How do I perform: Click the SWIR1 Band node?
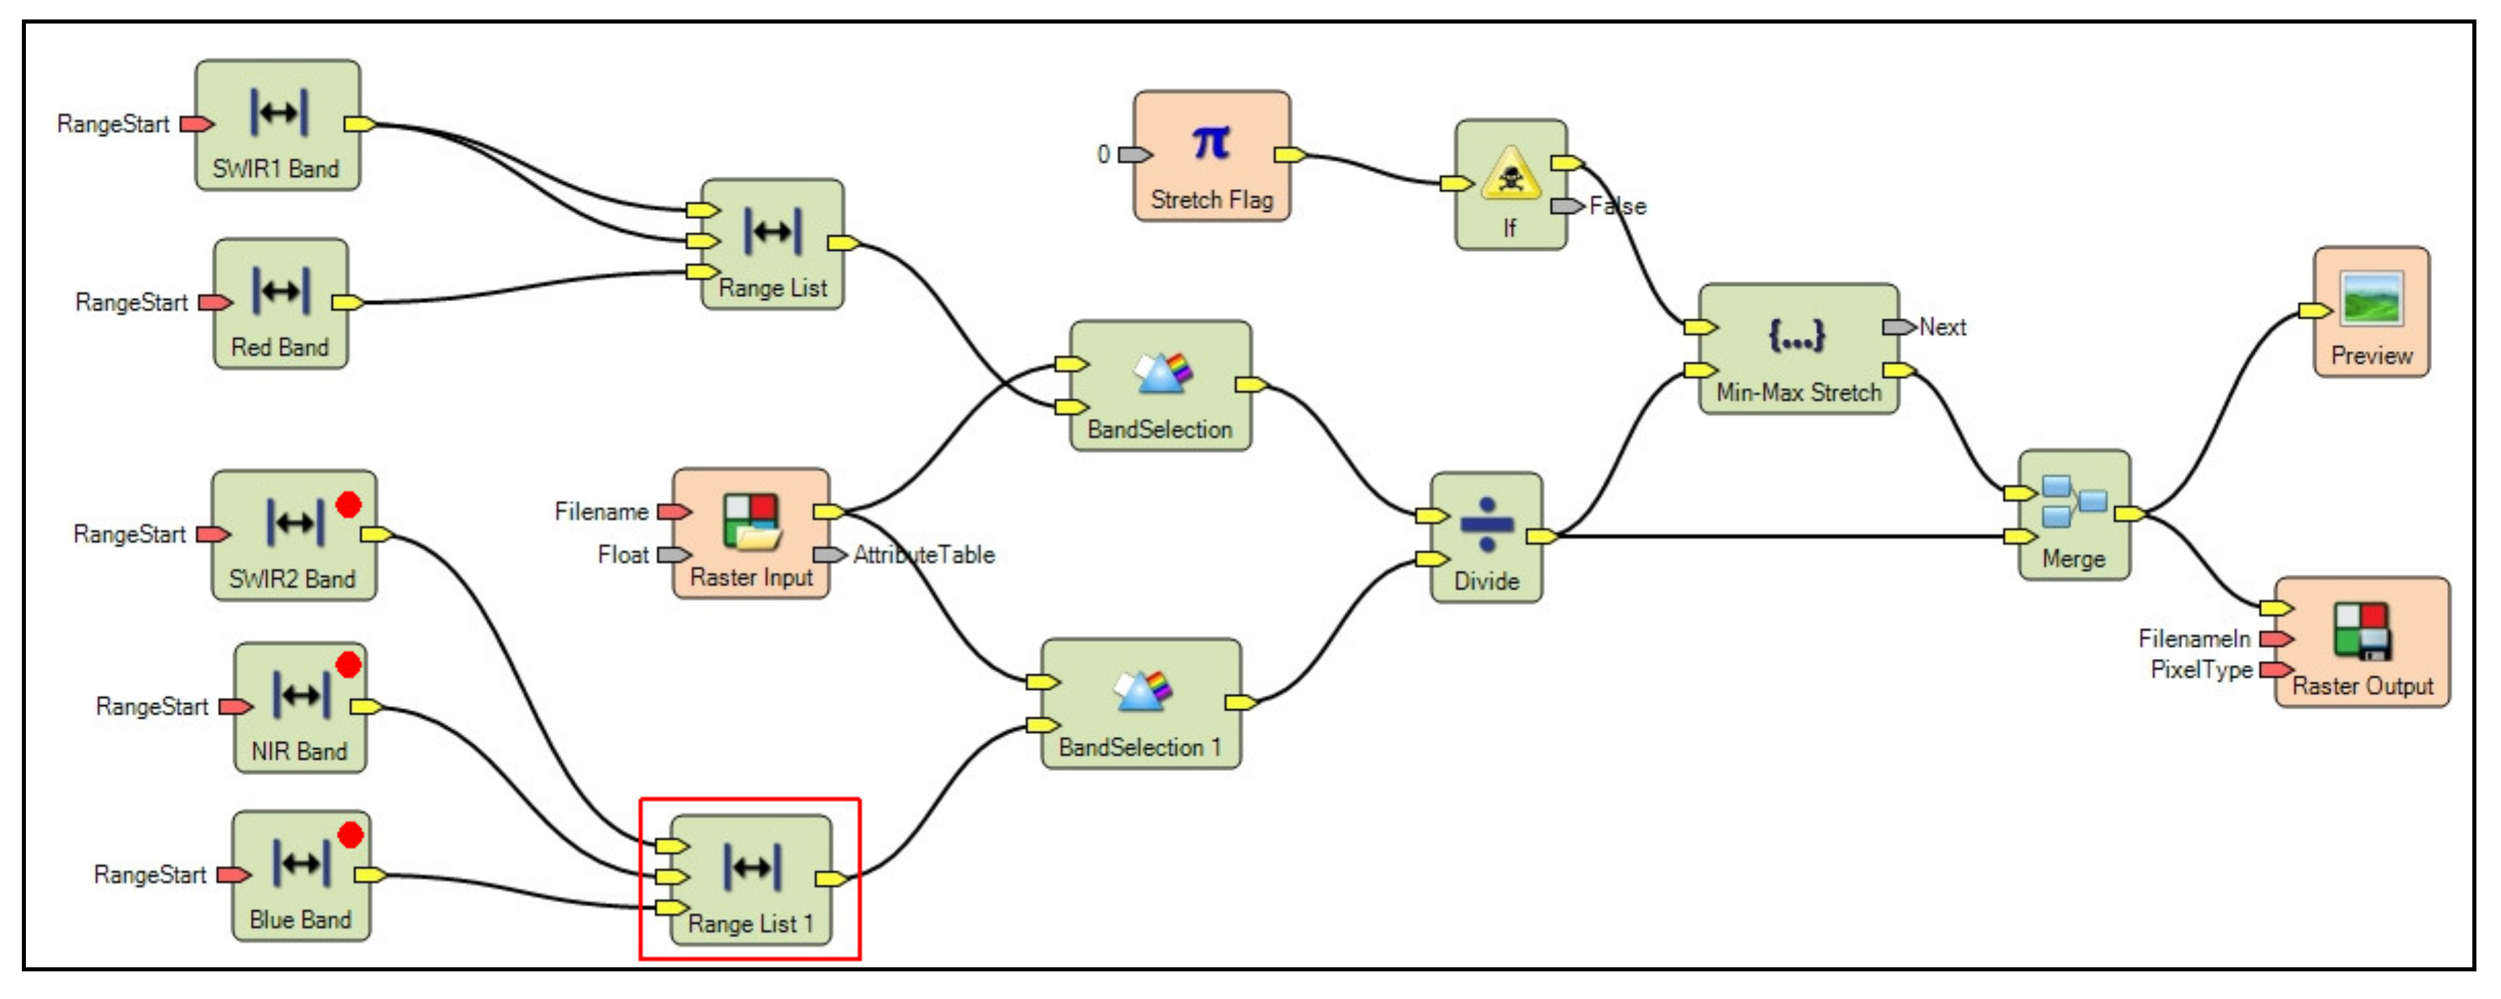(278, 125)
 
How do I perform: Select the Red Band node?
(280, 303)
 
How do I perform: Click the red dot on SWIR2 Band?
(348, 505)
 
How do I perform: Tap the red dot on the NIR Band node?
(348, 665)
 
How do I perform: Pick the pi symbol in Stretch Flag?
(1211, 143)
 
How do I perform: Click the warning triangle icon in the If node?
(1510, 175)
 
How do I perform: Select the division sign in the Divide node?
(1486, 524)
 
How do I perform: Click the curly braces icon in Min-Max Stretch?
(1796, 336)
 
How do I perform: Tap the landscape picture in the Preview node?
(2372, 299)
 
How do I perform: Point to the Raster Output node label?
(2362, 686)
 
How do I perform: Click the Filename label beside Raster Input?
(601, 511)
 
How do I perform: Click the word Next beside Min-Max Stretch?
(1942, 327)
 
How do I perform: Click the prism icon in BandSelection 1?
(1143, 689)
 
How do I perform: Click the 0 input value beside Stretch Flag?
(1103, 154)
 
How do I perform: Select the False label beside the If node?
(1617, 206)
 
